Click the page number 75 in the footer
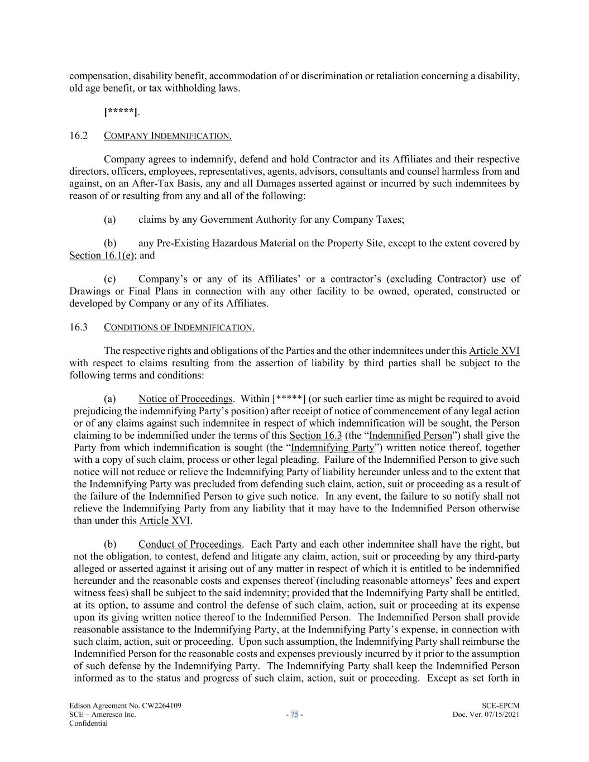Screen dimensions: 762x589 [x=294, y=715]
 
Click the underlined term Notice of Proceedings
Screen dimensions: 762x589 [x=185, y=399]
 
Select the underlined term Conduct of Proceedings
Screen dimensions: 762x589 [x=190, y=544]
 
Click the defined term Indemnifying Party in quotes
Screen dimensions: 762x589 [x=333, y=448]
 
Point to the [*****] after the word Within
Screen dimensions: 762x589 [x=289, y=399]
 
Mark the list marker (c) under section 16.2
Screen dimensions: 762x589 [x=110, y=279]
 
